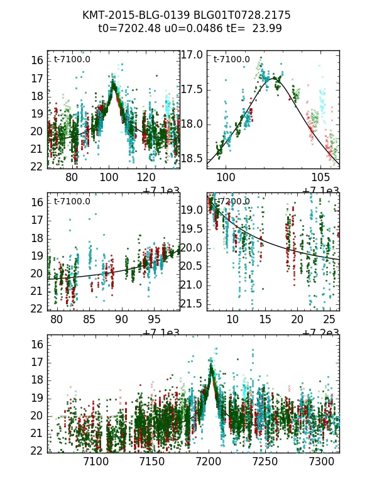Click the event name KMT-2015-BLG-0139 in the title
point(128,15)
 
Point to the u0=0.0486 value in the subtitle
point(190,28)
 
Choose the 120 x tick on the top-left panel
point(146,178)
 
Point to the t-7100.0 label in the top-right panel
point(232,60)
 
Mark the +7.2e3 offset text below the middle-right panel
point(321,333)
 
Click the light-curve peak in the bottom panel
point(211,365)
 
